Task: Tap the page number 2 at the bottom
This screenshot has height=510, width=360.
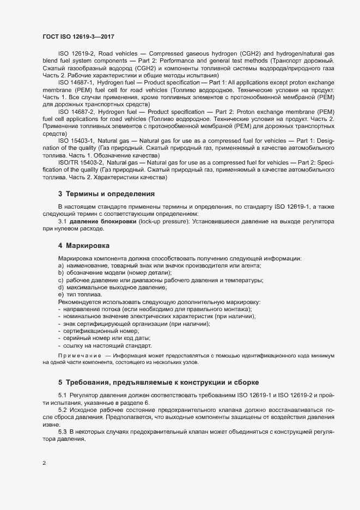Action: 44,463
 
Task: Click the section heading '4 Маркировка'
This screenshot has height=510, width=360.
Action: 84,245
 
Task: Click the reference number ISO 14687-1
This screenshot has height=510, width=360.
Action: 76,82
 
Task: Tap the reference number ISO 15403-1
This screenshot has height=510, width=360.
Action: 76,141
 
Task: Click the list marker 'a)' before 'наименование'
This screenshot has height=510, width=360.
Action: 61,265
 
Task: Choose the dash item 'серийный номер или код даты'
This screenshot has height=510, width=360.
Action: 108,338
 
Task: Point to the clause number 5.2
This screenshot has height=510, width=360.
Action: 62,409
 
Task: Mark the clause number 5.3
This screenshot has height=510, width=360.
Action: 62,431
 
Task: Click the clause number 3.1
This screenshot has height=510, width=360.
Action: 62,222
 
